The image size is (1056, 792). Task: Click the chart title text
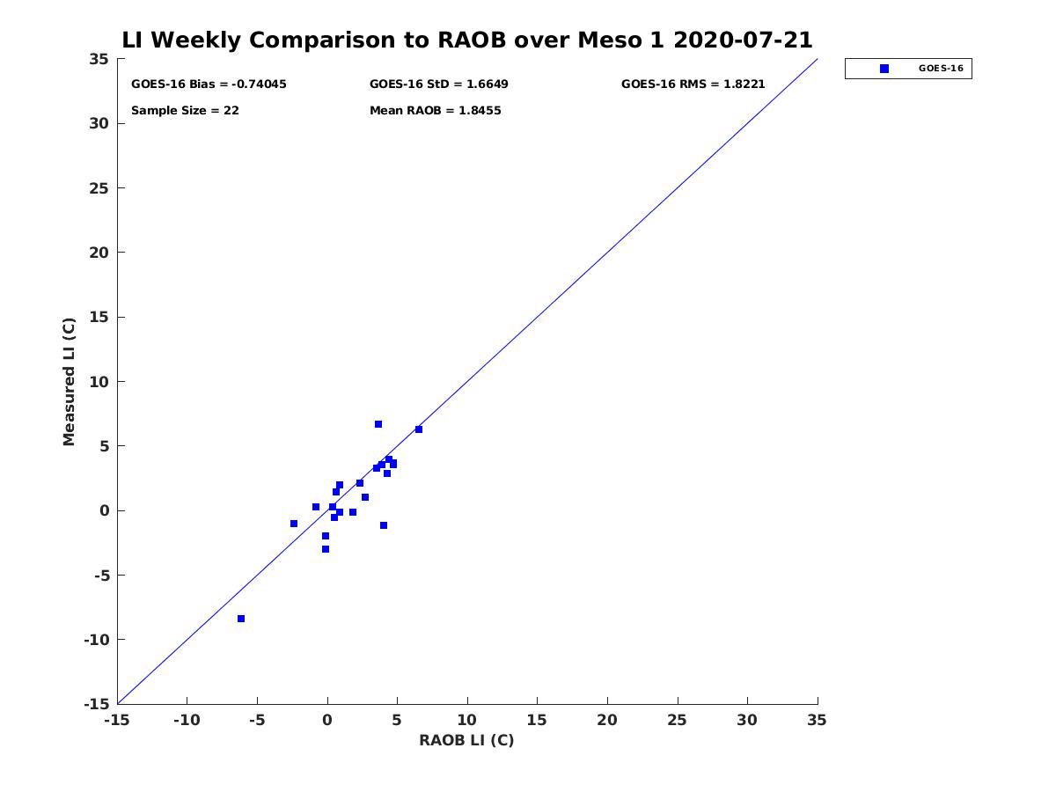coord(466,40)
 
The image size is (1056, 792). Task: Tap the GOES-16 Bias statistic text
coord(209,84)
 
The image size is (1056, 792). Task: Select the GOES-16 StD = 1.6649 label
coord(439,84)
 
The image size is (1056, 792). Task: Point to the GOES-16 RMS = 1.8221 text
coord(693,84)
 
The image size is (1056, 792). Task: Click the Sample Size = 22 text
coord(185,111)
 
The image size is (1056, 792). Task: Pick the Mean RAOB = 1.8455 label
coord(436,111)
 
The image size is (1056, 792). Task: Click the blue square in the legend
coord(884,69)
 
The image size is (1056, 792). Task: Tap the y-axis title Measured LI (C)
coord(69,382)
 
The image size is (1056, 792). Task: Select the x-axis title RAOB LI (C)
coord(466,739)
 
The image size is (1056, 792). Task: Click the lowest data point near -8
coord(241,619)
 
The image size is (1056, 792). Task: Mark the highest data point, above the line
coord(378,424)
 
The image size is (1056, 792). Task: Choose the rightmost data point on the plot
coord(419,429)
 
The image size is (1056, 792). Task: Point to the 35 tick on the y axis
coord(99,59)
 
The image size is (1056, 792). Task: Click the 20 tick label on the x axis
coord(607,720)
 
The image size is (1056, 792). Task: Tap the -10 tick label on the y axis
coord(97,640)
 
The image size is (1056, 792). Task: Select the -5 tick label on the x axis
coord(257,720)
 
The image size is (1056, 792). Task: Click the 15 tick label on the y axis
coord(99,318)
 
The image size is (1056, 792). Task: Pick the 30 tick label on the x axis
coord(747,720)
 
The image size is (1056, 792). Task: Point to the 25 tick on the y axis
coord(99,188)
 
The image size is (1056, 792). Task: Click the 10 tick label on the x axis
coord(466,720)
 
